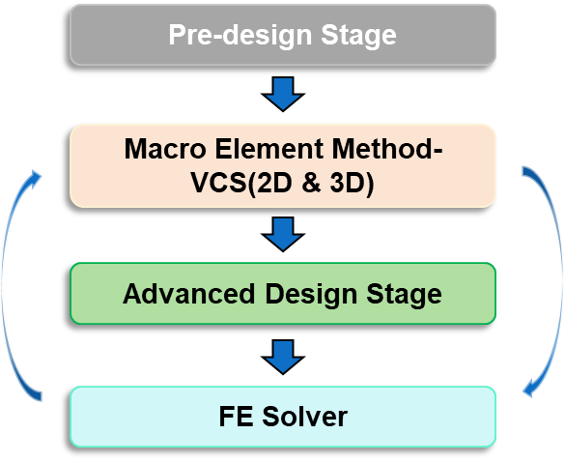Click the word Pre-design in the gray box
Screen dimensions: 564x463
[x=240, y=36]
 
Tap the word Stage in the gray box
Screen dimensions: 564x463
[x=358, y=36]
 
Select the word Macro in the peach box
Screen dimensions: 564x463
[x=165, y=149]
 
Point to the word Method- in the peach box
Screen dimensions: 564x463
[x=387, y=149]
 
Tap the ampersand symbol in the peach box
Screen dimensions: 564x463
[x=312, y=183]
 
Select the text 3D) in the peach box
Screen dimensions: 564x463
[x=352, y=183]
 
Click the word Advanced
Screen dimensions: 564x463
[x=189, y=294]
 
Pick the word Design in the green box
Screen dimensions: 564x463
[x=311, y=295]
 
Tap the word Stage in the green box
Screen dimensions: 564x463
[x=404, y=295]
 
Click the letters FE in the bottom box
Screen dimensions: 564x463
[x=236, y=417]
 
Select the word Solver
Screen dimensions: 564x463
[x=304, y=417]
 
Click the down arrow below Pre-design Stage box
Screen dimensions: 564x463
[x=283, y=94]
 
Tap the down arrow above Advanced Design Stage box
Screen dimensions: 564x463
[x=283, y=234]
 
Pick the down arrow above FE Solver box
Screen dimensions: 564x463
[x=283, y=357]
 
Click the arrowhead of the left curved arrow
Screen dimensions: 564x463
[x=35, y=178]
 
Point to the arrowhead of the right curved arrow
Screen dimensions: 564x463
[x=529, y=390]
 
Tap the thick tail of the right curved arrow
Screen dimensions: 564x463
[x=528, y=171]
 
